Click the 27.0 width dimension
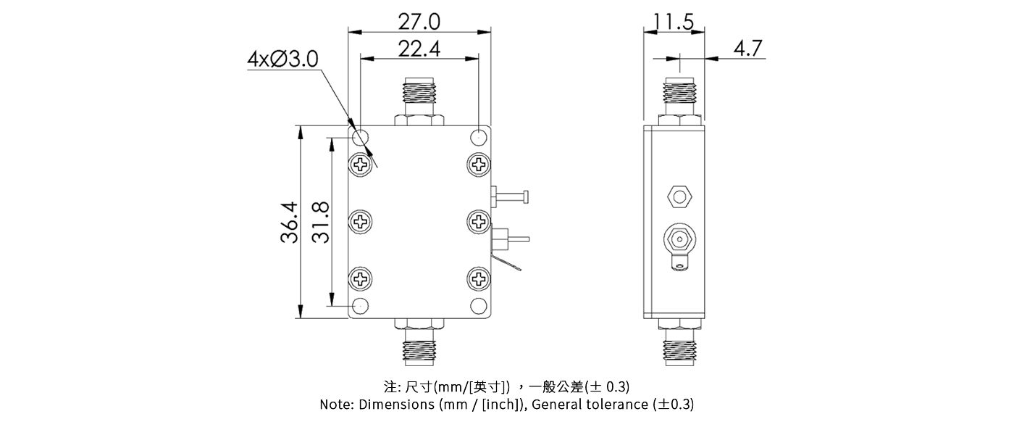tap(419, 21)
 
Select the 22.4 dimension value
tap(419, 49)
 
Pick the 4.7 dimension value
tap(747, 49)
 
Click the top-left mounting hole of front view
tap(360, 137)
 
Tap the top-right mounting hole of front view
tap(479, 137)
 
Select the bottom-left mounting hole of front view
tap(360, 305)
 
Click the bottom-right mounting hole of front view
tap(479, 305)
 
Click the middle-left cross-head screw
tap(361, 221)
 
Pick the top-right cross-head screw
tap(479, 164)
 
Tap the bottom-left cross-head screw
tap(361, 278)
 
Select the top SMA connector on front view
tap(419, 99)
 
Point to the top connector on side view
tap(680, 99)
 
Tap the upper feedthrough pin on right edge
tap(511, 196)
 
